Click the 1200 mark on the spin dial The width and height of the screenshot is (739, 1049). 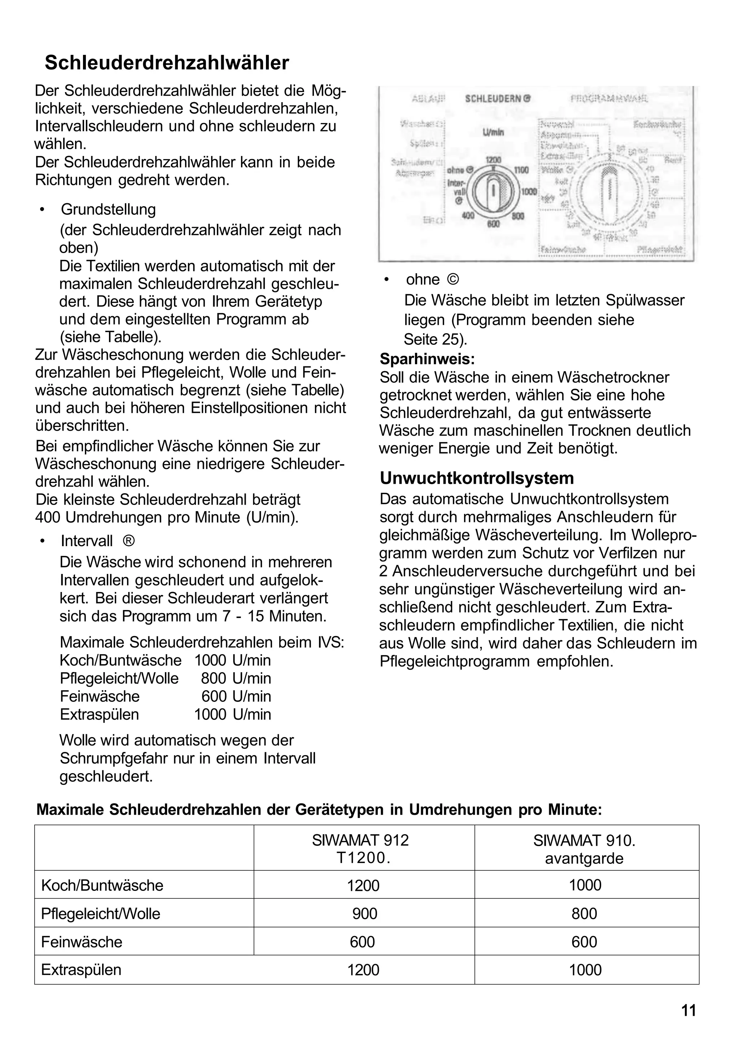493,160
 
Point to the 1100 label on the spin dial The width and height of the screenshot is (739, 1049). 521,170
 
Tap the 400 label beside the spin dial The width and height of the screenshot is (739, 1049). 468,215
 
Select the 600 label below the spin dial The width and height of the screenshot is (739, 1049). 493,224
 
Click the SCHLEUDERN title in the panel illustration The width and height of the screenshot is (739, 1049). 497,99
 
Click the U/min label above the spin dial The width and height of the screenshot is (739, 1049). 493,132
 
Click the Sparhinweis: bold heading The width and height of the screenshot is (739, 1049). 427,359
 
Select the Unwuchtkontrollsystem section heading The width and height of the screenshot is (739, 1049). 477,478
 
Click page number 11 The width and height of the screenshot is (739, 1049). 688,1010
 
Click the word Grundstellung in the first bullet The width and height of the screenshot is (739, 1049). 108,210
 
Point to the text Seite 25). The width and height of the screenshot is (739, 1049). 435,339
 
